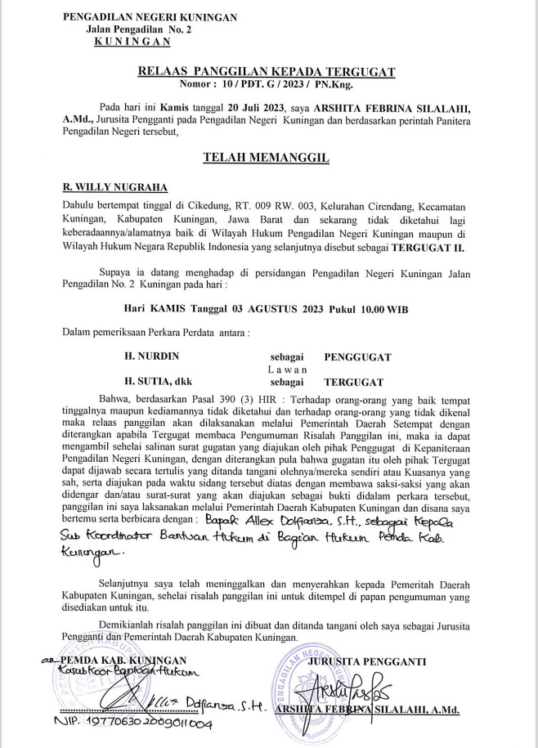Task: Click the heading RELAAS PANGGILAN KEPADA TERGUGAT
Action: tap(292, 72)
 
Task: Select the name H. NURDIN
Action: tap(151, 357)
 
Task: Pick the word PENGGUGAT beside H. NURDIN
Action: tap(357, 357)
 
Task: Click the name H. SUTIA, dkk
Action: tap(159, 381)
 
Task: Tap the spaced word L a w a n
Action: tap(287, 370)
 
